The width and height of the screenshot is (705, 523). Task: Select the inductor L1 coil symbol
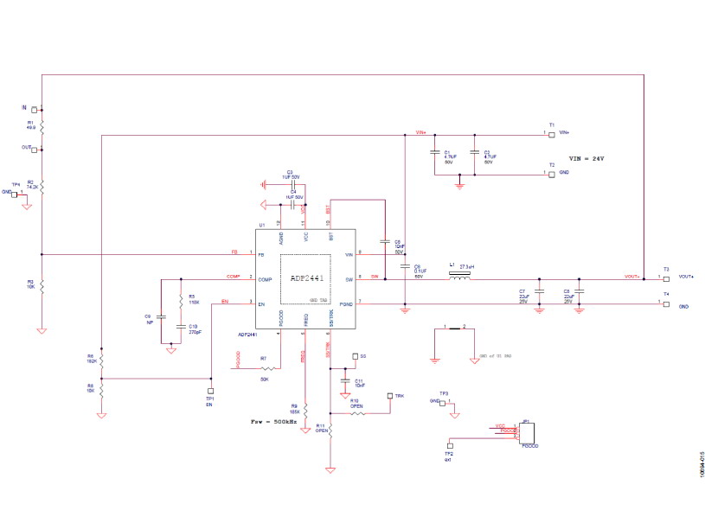click(458, 278)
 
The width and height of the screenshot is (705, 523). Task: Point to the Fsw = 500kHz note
click(272, 422)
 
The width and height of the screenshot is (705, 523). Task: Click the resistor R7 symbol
click(264, 368)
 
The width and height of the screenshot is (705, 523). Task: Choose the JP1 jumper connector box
click(529, 433)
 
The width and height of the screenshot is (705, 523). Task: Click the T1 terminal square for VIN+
click(552, 133)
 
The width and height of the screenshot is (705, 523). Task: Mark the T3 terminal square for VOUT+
click(665, 278)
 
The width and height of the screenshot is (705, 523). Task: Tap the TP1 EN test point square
click(209, 391)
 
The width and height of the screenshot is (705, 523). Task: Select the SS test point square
click(354, 356)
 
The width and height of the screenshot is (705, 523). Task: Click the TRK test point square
click(389, 396)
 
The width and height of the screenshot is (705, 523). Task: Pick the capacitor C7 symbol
click(539, 295)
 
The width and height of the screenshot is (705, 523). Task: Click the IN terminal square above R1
click(35, 110)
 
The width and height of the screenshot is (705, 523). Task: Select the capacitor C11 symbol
click(345, 381)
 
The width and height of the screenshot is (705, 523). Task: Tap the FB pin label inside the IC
click(261, 254)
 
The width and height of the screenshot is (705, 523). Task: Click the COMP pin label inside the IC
click(265, 279)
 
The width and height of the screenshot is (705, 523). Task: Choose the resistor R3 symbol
click(42, 285)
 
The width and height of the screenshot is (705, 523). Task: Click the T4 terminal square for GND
click(665, 305)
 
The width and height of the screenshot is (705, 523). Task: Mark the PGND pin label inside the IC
click(346, 303)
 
